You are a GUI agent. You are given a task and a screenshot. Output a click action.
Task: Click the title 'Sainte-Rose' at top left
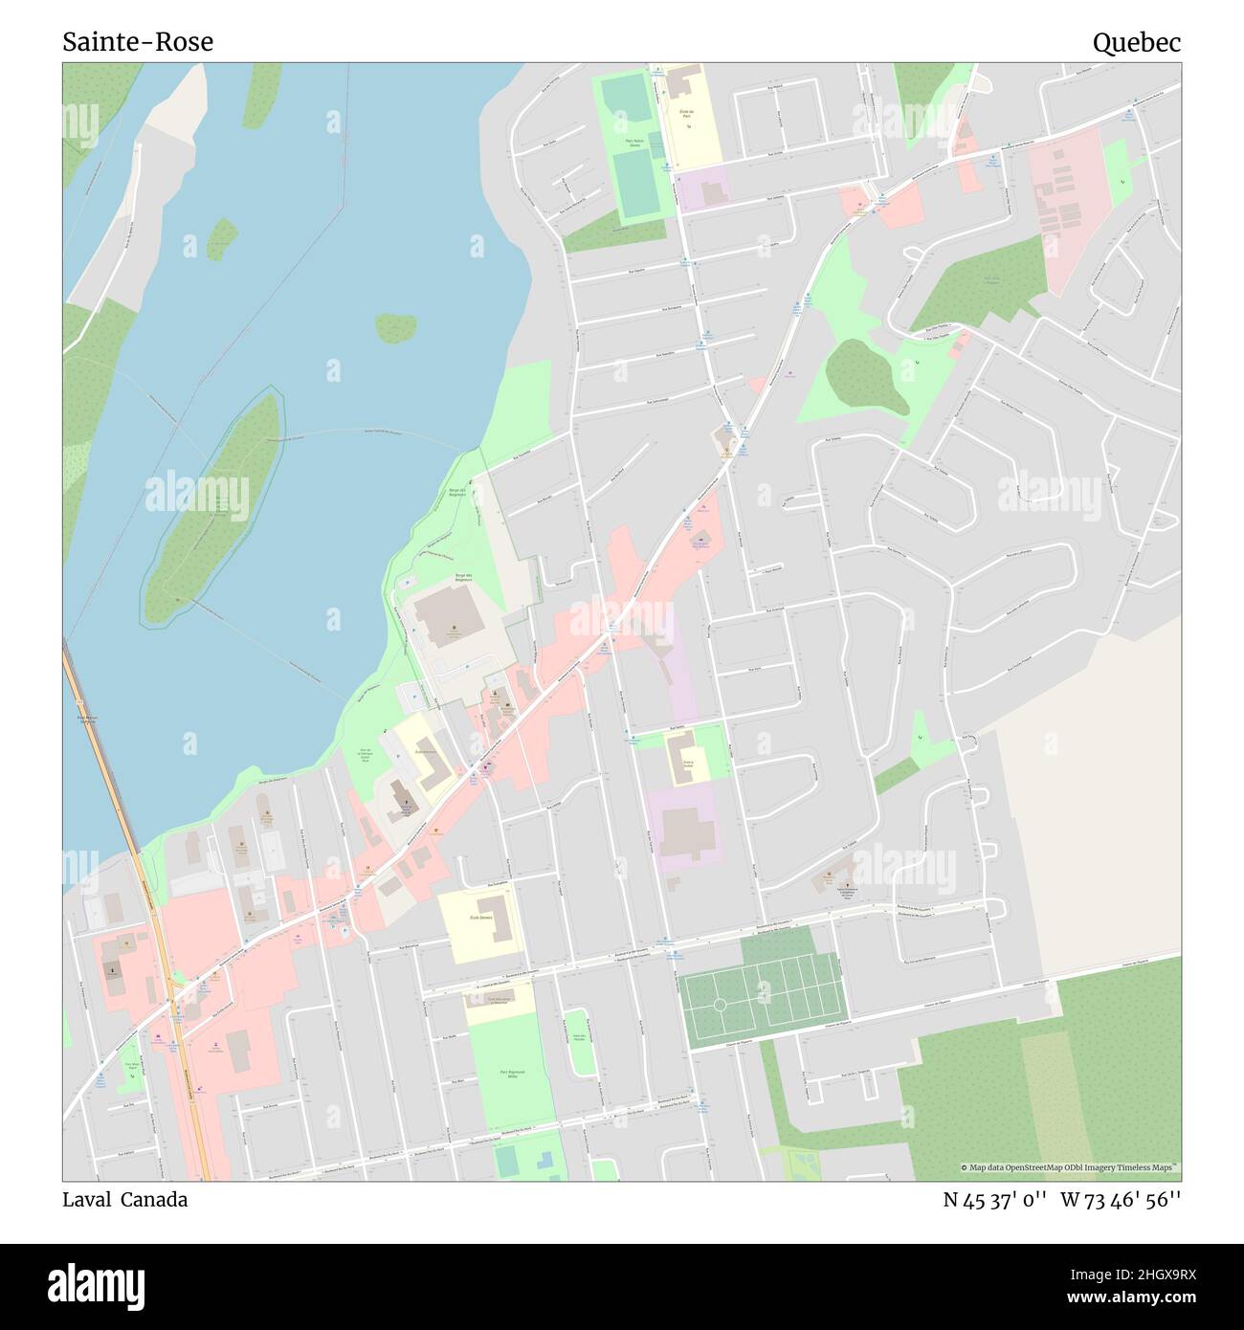[x=138, y=42]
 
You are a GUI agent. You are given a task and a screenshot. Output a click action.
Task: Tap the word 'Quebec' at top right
[x=1137, y=42]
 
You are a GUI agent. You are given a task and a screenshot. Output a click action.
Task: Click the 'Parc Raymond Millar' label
[x=504, y=1075]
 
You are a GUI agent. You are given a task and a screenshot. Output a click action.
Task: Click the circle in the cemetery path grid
[x=718, y=1005]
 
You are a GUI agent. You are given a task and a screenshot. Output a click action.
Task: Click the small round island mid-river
[x=395, y=327]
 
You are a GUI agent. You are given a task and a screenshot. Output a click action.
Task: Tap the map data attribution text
[x=1070, y=1167]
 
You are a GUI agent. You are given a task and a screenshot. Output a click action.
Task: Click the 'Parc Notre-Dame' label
[x=628, y=141]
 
